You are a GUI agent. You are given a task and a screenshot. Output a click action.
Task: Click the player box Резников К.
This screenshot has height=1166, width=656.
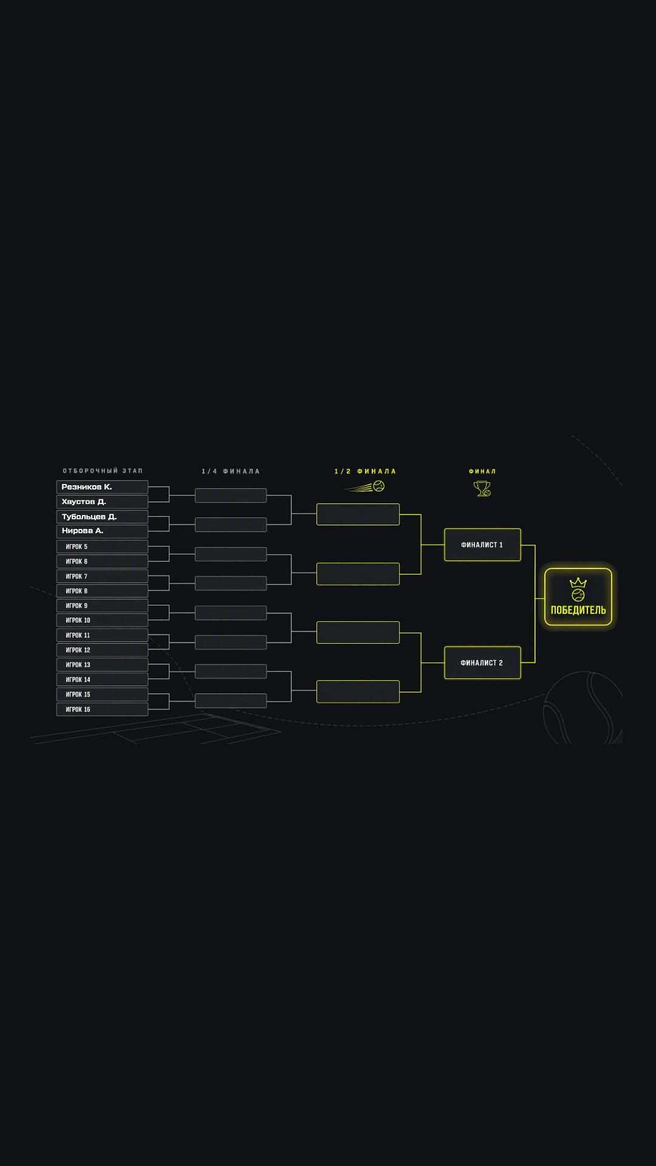(x=102, y=487)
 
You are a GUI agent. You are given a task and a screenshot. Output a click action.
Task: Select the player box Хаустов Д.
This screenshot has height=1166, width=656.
(x=102, y=502)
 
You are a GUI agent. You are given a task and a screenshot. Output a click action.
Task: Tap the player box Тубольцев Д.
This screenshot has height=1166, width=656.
(x=102, y=517)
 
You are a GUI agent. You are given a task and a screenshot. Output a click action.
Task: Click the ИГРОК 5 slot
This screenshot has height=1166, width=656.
(x=102, y=547)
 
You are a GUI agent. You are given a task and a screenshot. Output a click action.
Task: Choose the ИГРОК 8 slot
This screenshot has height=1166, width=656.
(x=102, y=591)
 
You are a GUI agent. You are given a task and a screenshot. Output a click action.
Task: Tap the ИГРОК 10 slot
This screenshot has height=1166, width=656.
(x=102, y=620)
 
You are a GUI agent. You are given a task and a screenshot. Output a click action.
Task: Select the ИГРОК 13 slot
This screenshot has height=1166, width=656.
(x=102, y=665)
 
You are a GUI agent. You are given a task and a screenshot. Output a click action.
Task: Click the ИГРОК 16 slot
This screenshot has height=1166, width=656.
(x=102, y=709)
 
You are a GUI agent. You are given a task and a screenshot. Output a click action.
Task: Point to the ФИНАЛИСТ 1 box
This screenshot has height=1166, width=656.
(x=482, y=545)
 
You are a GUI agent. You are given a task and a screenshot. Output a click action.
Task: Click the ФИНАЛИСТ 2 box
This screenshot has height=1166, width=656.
(x=482, y=663)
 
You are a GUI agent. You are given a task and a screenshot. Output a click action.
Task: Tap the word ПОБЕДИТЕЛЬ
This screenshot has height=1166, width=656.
(x=578, y=610)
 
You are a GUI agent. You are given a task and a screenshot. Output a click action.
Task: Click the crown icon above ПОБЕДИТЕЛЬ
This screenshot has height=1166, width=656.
(x=578, y=582)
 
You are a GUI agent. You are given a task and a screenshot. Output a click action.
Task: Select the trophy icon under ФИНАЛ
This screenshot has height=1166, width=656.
(x=482, y=488)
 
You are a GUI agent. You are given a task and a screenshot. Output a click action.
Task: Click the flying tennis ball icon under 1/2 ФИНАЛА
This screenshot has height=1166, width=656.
(x=365, y=486)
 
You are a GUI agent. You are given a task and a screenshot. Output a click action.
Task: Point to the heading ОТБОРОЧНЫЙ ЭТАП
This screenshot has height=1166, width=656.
(x=103, y=471)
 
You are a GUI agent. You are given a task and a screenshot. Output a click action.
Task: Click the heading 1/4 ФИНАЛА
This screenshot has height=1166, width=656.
(x=231, y=471)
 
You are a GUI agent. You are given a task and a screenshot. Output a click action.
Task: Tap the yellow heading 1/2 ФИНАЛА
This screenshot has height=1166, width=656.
(x=365, y=471)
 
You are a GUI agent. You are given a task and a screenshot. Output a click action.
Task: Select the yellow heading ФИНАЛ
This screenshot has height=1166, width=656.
(x=482, y=471)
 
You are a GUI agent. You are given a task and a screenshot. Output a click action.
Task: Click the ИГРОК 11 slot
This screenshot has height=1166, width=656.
(x=102, y=635)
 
